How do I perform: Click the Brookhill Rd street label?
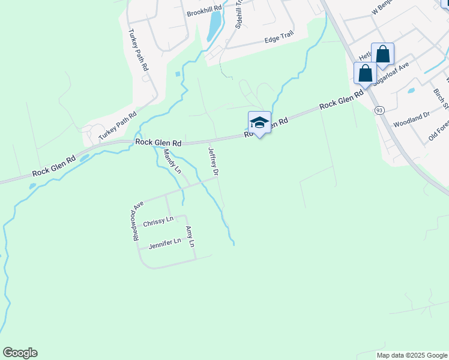pos(204,12)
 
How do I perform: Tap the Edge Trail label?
pos(277,40)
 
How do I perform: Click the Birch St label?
pos(441,100)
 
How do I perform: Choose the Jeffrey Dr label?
pos(213,161)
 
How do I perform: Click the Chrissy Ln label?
pos(158,221)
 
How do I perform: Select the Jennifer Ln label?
pos(164,242)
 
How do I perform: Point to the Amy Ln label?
pos(190,237)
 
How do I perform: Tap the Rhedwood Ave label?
pos(137,220)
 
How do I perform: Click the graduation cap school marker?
pos(259,122)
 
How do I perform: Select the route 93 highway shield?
pos(379,110)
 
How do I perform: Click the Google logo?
pos(20,353)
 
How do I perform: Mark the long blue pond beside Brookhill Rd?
pos(213,25)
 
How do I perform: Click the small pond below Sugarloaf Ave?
pos(411,91)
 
